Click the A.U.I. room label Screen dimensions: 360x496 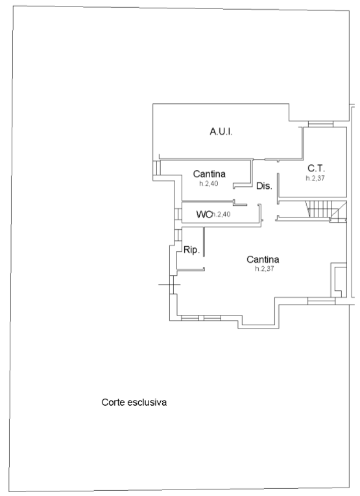[221, 132]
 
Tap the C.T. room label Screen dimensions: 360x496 [316, 168]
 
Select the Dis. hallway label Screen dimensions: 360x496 [264, 186]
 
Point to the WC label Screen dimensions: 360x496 [204, 214]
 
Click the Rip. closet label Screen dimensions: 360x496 [191, 250]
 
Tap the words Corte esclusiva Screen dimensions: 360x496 [134, 403]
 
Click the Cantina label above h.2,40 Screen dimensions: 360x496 [210, 173]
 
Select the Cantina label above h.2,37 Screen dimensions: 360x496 [263, 260]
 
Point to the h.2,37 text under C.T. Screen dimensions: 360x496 [315, 178]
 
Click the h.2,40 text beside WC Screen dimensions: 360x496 [221, 214]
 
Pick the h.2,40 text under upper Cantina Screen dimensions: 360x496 [209, 184]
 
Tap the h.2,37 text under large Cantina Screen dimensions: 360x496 [265, 269]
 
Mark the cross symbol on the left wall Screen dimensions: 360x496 [169, 285]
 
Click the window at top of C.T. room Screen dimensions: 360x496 [321, 124]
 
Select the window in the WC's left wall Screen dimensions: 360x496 [178, 214]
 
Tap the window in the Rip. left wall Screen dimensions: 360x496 [178, 235]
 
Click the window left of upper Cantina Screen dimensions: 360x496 [157, 167]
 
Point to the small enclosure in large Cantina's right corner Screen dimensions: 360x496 [339, 280]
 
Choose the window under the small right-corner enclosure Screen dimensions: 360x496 [322, 301]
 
